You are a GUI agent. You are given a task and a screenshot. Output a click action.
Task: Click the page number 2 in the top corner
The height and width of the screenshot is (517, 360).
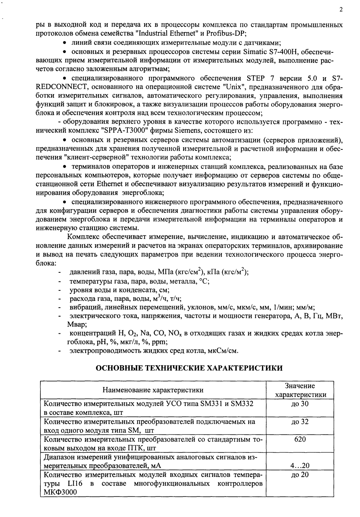coord(341,10)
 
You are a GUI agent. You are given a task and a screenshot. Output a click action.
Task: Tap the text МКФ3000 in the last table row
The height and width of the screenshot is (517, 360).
coord(60,492)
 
